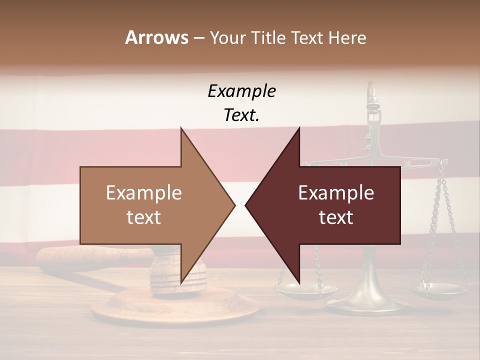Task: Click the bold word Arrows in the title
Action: coord(156,37)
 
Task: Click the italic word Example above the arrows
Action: coord(241,91)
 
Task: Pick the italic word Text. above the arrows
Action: coord(241,115)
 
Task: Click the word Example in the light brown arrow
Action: coord(144,193)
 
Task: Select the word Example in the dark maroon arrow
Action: coord(336,193)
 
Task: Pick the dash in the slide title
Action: coord(198,38)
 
